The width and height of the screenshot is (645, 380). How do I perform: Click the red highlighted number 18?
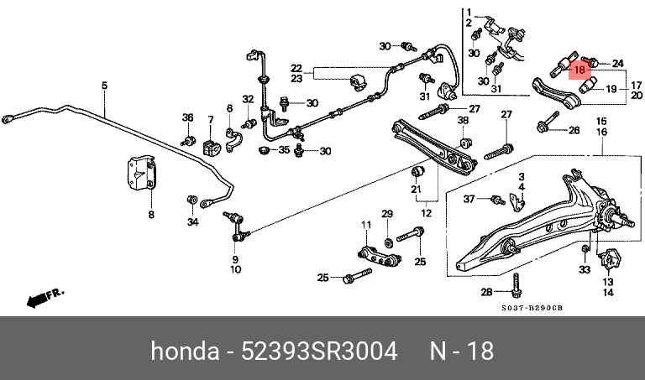click(x=579, y=70)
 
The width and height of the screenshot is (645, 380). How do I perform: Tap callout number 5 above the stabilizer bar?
click(x=104, y=86)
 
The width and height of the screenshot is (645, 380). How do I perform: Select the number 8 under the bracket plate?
click(x=151, y=214)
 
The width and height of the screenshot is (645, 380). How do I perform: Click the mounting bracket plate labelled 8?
click(x=141, y=173)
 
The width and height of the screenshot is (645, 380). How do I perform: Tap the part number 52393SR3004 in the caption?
click(x=319, y=351)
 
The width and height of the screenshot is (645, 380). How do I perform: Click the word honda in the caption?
click(x=185, y=351)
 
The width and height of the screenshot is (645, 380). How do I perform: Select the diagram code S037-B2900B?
click(x=532, y=308)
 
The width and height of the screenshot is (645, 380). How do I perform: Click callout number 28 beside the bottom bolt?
click(x=486, y=292)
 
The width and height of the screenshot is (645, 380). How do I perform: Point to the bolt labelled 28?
click(x=516, y=286)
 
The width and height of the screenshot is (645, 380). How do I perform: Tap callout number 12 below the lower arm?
click(x=426, y=213)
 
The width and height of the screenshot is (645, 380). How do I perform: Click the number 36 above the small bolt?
click(x=187, y=117)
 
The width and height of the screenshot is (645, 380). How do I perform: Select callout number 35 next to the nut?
click(x=284, y=149)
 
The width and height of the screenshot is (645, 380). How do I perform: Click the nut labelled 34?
click(x=191, y=200)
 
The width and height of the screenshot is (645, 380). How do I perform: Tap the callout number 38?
click(x=464, y=120)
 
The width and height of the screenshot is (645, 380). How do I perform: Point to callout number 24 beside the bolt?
click(x=618, y=63)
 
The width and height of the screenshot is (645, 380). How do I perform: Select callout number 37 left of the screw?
click(x=469, y=199)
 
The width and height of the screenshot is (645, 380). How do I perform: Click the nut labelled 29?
click(x=387, y=242)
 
